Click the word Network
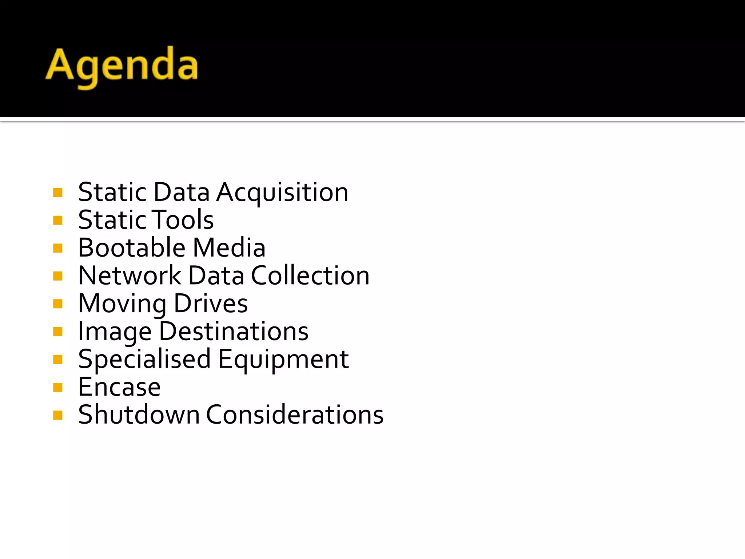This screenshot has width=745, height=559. pyautogui.click(x=130, y=275)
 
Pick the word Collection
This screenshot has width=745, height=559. pyautogui.click(x=310, y=275)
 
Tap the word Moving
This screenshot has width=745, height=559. pyautogui.click(x=122, y=304)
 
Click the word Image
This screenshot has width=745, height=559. pyautogui.click(x=115, y=332)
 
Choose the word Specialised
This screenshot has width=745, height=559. pyautogui.click(x=144, y=360)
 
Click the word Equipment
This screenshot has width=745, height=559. pyautogui.click(x=283, y=360)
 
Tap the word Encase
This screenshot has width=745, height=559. pyautogui.click(x=119, y=387)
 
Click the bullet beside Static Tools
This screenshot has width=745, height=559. pyautogui.click(x=58, y=220)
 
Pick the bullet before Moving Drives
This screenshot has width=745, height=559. pyautogui.click(x=58, y=304)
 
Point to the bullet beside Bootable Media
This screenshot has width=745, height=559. pyautogui.click(x=58, y=248)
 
